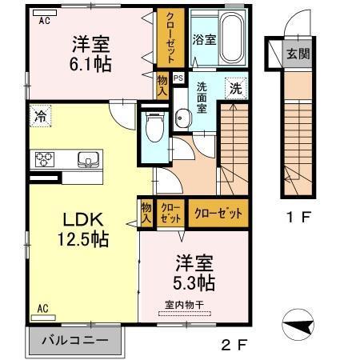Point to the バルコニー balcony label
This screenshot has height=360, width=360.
tap(77, 341)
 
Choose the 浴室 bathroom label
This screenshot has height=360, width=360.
tap(203, 39)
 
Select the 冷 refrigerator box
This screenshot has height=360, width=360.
tap(40, 116)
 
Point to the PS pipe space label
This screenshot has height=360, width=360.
tap(178, 78)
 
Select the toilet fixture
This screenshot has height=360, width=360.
tap(154, 126)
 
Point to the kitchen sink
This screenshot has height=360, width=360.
tap(89, 158)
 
